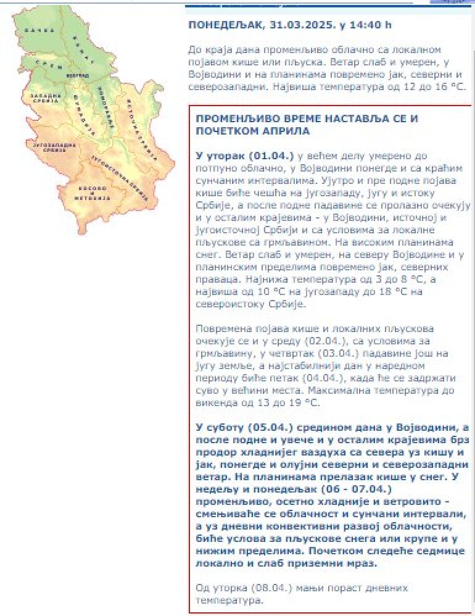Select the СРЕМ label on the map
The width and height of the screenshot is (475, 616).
click(50, 64)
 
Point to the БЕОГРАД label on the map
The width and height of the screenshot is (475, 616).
click(73, 75)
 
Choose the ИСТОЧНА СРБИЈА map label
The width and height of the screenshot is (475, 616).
click(141, 120)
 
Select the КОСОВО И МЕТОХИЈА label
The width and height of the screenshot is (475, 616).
click(95, 194)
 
